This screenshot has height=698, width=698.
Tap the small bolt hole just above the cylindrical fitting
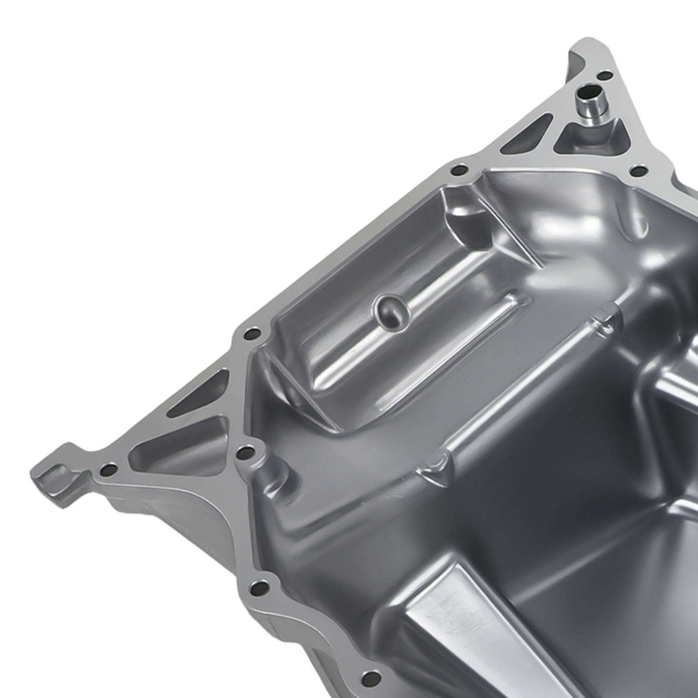tap(604, 76)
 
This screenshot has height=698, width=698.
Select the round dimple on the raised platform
tap(392, 310)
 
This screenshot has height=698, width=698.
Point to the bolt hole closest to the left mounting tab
tap(108, 470)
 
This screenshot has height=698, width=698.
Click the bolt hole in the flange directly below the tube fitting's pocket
tap(638, 171)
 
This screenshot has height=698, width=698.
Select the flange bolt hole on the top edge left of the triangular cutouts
tap(458, 169)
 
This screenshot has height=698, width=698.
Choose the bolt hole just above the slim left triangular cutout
tap(251, 335)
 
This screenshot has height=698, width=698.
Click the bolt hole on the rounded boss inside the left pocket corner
tap(246, 452)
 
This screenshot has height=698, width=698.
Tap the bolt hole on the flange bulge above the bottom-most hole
tap(260, 589)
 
